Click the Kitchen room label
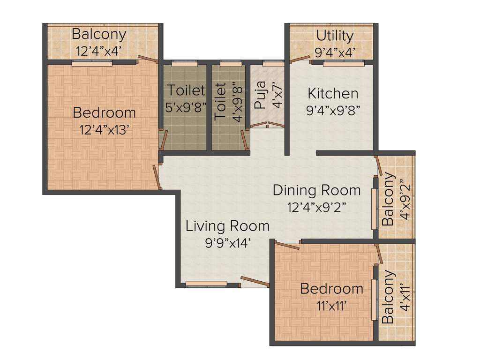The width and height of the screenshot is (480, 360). (x=333, y=94)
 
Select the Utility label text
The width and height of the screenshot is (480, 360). (x=334, y=36)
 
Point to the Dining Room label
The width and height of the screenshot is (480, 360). (x=317, y=190)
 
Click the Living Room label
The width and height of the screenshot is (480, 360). (x=227, y=226)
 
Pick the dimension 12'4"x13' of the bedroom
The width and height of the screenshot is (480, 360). (x=105, y=130)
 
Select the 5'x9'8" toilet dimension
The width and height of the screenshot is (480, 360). (x=186, y=107)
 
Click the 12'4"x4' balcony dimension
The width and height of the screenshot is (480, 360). (x=99, y=51)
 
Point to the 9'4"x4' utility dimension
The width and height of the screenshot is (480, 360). (x=335, y=52)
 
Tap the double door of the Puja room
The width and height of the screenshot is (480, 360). (x=267, y=125)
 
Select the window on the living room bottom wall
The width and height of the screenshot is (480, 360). (x=206, y=284)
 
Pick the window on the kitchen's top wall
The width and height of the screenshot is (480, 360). (x=344, y=63)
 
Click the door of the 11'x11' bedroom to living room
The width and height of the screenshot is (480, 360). (x=287, y=245)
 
